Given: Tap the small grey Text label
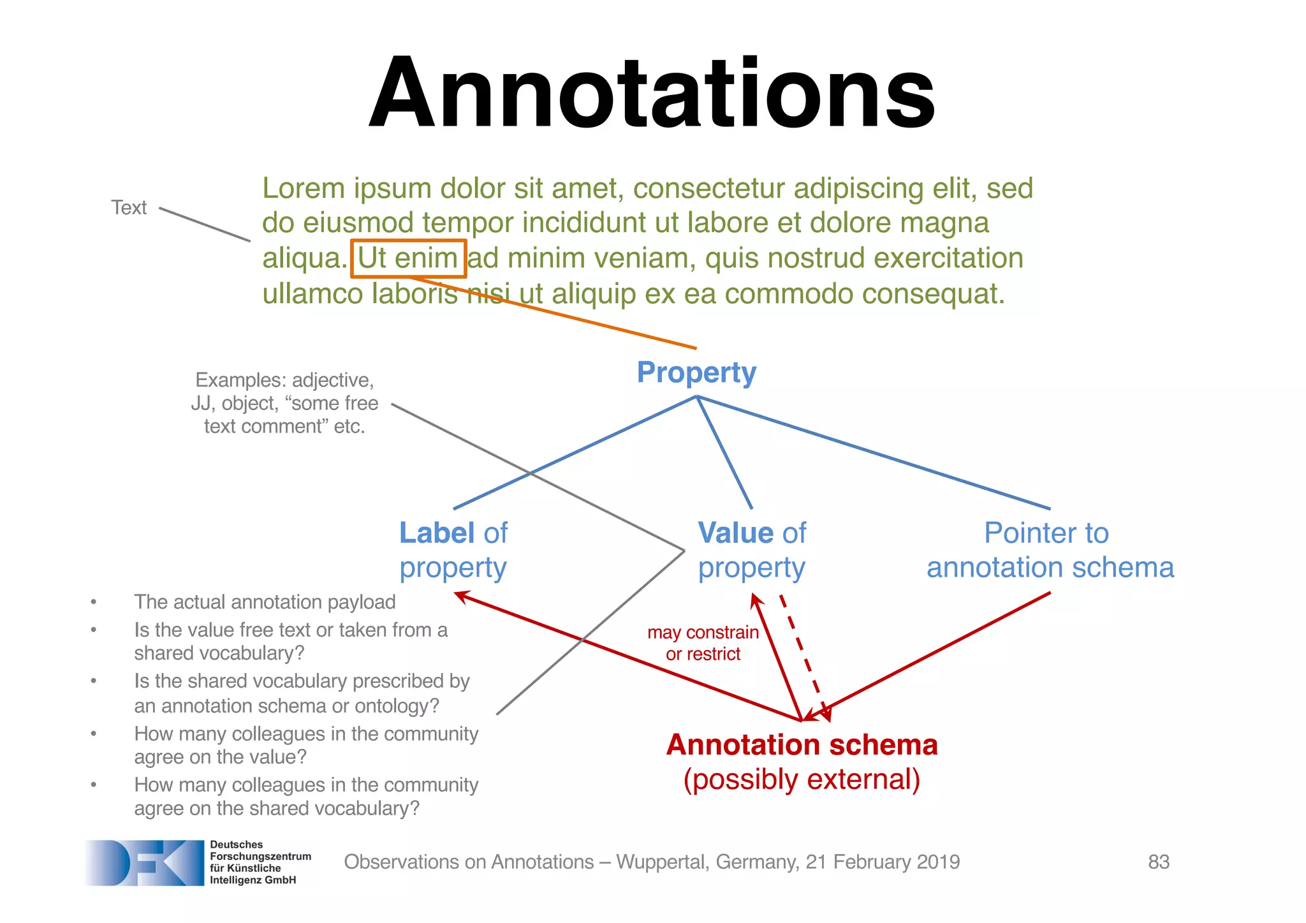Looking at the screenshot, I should pos(129,208).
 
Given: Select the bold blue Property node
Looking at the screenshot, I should pos(696,373).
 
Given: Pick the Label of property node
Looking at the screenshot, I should pos(453,550).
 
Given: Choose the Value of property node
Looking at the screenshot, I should pos(752,550).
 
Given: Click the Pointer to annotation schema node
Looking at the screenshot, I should pos(1050,550).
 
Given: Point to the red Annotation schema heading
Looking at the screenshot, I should pos(802,745).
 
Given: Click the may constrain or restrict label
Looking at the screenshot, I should pos(703,643).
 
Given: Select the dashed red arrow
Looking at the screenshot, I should pos(805,657).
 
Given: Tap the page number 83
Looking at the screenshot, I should pos(1158,862).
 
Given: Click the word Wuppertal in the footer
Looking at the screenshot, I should pos(662,862).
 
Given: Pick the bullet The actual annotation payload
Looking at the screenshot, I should pos(265,602).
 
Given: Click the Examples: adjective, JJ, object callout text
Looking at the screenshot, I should pos(284,403).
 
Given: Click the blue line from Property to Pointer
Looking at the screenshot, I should pos(874,452).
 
